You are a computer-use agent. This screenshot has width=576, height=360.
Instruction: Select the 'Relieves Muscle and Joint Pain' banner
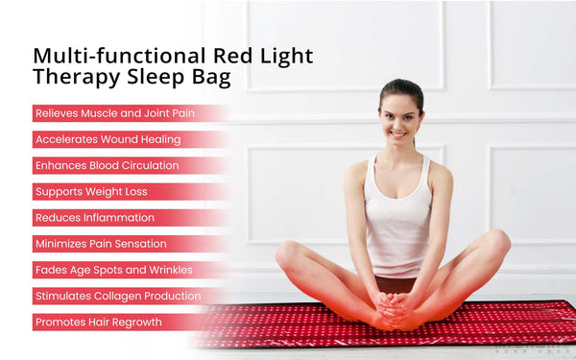115,113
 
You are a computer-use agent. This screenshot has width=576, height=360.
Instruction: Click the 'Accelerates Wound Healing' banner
108,139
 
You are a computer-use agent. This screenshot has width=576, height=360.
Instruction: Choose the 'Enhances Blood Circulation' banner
108,165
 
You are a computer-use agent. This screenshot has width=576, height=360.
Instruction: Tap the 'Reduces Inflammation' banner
95,218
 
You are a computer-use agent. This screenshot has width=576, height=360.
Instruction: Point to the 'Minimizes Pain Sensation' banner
101,244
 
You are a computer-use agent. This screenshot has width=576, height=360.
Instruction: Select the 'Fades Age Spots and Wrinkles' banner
114,270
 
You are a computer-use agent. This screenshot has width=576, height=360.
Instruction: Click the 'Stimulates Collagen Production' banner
118,297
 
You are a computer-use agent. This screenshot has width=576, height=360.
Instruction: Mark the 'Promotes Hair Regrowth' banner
99,323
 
